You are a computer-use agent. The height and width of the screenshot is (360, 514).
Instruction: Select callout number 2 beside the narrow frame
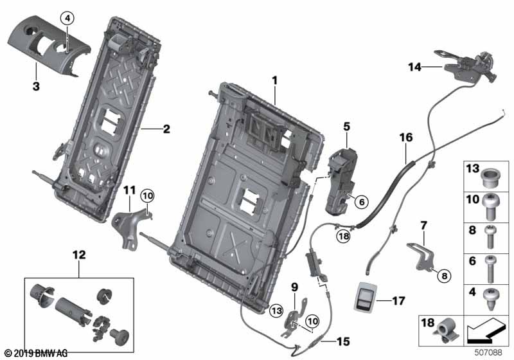166,129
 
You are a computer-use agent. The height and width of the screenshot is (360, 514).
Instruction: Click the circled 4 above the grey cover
67,18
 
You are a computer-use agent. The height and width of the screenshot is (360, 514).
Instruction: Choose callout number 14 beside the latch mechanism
414,66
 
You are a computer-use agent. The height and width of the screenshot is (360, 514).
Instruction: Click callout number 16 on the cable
404,138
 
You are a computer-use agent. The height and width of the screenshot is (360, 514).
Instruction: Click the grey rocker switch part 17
366,299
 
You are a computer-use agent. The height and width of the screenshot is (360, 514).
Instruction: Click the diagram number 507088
489,352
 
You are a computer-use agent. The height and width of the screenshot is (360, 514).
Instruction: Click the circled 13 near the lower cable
276,310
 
